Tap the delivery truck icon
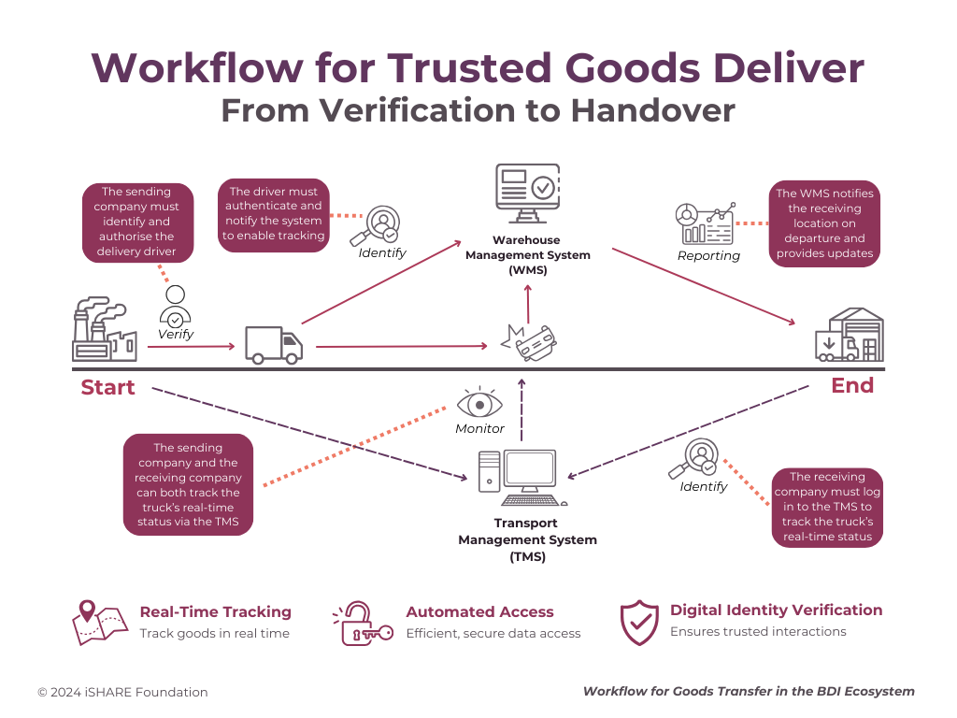point(274,344)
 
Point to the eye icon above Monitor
point(479,404)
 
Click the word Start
point(107,387)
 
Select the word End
point(852,385)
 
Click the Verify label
point(176,334)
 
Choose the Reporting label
point(708,255)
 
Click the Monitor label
point(479,428)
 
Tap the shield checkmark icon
point(640,622)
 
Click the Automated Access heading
point(479,612)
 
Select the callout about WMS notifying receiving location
point(825,223)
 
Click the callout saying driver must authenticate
point(273,213)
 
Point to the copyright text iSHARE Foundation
point(122,693)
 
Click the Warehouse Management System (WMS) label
point(528,255)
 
